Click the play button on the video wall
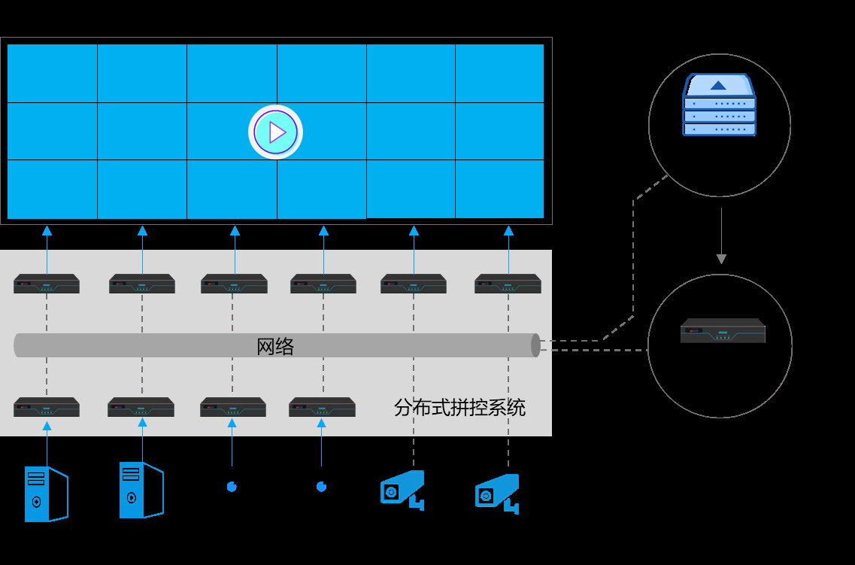[x=276, y=132]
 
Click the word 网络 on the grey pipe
[x=275, y=347]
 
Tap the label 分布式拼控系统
[x=459, y=408]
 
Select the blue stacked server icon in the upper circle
[x=719, y=105]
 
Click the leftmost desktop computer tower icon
[x=46, y=494]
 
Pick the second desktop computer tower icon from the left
[x=141, y=490]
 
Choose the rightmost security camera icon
[x=497, y=493]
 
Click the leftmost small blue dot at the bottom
[x=232, y=487]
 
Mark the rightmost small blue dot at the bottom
[x=321, y=487]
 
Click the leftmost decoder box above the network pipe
[x=47, y=284]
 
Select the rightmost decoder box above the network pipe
[x=508, y=284]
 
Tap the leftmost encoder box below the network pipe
[x=47, y=407]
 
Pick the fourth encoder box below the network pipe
[x=322, y=407]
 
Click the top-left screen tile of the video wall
[x=53, y=73]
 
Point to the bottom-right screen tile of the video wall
[x=499, y=189]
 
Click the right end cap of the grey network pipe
[x=535, y=345]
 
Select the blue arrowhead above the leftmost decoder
[x=47, y=231]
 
